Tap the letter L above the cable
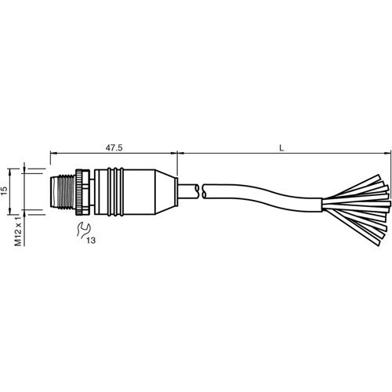281,146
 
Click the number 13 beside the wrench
93,240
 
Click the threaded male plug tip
60,191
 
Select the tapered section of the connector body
163,191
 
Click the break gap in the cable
199,189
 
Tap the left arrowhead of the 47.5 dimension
53,153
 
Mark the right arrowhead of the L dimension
384,153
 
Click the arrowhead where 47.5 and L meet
177,153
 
